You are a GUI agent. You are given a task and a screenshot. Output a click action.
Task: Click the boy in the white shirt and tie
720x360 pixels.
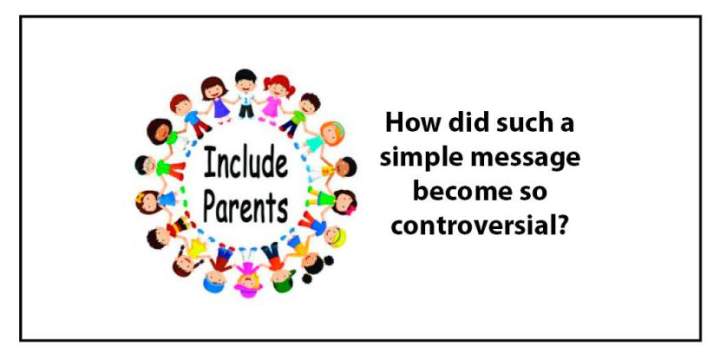[246, 93]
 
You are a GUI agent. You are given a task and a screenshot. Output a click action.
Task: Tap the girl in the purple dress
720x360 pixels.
[218, 99]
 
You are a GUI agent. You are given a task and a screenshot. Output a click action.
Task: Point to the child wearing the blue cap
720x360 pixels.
[216, 270]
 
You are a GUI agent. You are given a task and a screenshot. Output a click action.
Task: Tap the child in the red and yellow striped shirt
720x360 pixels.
[169, 231]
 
